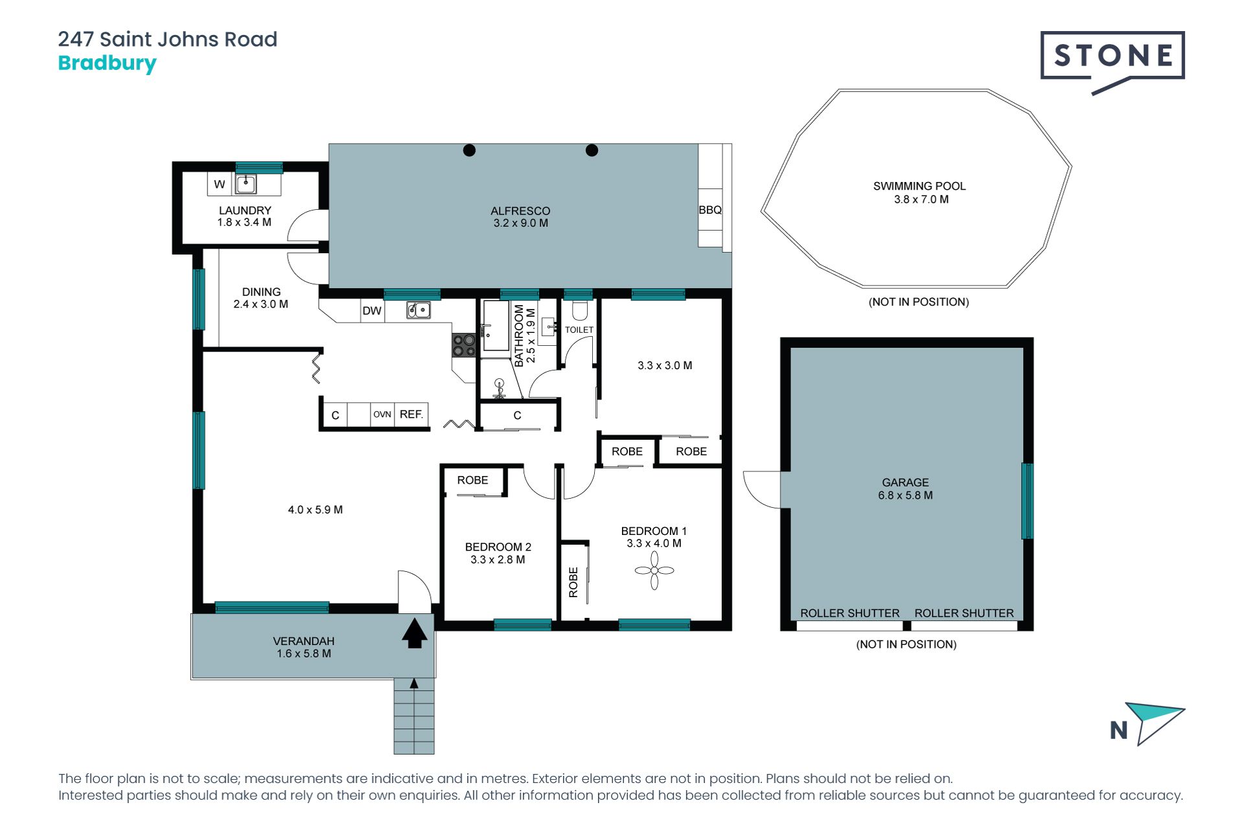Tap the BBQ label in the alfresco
click(710, 210)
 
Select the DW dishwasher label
click(372, 311)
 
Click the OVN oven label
click(382, 414)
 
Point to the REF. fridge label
click(411, 414)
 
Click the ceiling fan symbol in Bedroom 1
click(654, 571)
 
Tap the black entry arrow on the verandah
click(415, 633)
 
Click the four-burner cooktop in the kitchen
click(464, 345)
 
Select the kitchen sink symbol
click(419, 310)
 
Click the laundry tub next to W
click(246, 184)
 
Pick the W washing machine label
click(220, 185)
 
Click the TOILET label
click(579, 330)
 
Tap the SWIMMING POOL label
click(919, 186)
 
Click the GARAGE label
click(905, 483)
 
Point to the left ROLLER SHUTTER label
click(850, 613)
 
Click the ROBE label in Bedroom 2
click(472, 480)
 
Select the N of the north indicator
click(1119, 731)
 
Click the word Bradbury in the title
click(108, 63)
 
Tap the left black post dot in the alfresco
click(470, 150)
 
